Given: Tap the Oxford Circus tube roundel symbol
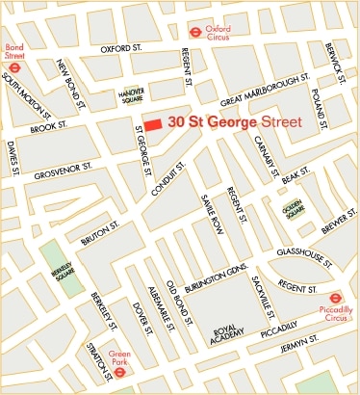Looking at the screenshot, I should pos(195,30).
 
